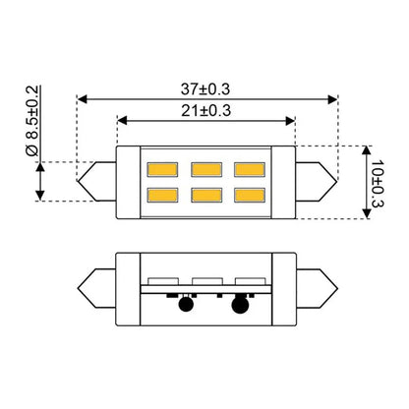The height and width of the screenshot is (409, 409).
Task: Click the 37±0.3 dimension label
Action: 205,89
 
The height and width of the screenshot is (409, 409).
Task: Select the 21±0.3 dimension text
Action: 206,111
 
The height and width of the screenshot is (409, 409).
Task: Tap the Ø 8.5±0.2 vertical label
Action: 32,121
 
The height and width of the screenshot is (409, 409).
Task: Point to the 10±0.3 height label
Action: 377,184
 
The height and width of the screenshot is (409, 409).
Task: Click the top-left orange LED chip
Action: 162,169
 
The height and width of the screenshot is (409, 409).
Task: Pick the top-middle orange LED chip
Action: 206,169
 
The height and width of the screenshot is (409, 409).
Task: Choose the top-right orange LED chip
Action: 250,169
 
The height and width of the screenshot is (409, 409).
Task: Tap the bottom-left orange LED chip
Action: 162,195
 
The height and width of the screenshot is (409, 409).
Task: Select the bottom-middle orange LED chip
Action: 206,195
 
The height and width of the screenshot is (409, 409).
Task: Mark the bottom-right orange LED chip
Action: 250,195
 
